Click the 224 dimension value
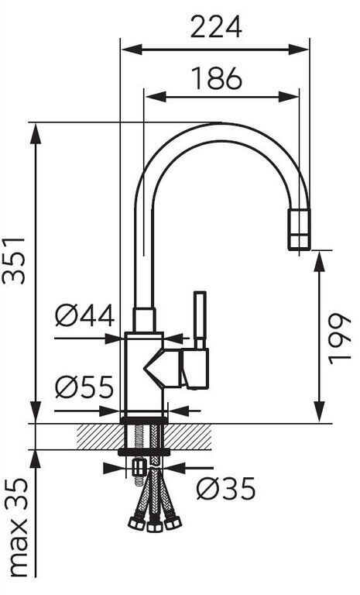pyautogui.click(x=216, y=26)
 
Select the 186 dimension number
pyautogui.click(x=217, y=78)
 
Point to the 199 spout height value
pyautogui.click(x=340, y=339)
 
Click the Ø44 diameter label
pyautogui.click(x=84, y=315)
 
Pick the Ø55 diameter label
pyautogui.click(x=84, y=387)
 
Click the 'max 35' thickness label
pyautogui.click(x=17, y=528)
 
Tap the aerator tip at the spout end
pyautogui.click(x=300, y=229)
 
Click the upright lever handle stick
pyautogui.click(x=200, y=319)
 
